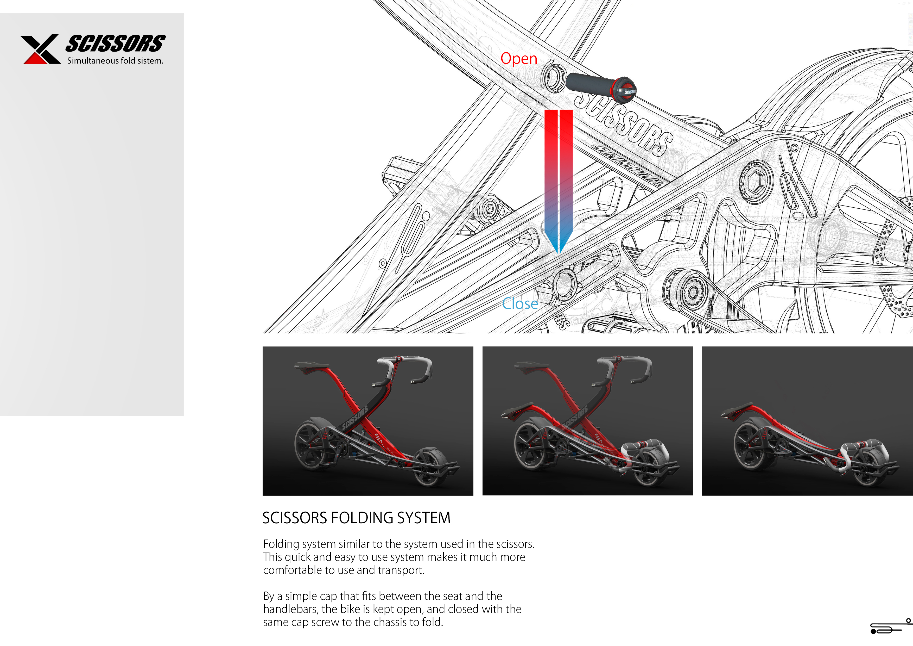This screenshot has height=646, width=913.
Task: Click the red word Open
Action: (x=518, y=59)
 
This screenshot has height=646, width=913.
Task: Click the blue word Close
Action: (x=520, y=304)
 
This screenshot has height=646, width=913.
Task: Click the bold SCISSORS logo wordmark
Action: (x=115, y=44)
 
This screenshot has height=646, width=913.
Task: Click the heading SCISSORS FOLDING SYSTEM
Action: (x=356, y=518)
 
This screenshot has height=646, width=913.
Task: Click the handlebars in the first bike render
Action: (x=405, y=368)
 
